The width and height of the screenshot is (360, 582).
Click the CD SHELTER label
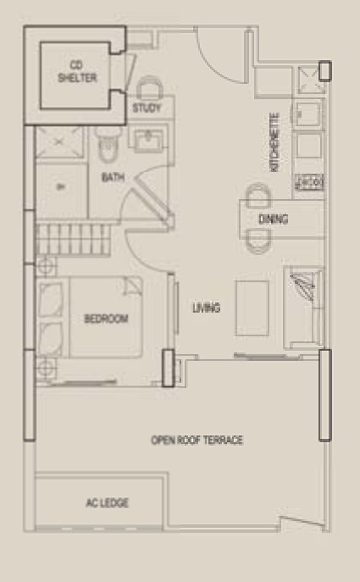point(77,72)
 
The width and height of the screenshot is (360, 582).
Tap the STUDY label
point(147,108)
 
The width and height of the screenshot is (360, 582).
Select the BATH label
point(113,177)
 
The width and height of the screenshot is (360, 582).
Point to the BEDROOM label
point(106,319)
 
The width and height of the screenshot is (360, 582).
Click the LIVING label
point(207,308)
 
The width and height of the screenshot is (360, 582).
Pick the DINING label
point(273,219)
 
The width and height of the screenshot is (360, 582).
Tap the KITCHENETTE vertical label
point(274,142)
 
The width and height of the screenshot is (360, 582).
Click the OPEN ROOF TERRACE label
point(197,441)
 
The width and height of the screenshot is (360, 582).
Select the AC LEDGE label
point(108,503)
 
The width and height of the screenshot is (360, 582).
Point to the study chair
point(150,87)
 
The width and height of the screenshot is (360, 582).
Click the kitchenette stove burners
point(309,182)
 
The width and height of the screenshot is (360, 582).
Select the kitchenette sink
point(307,114)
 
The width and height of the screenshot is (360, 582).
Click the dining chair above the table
point(258,195)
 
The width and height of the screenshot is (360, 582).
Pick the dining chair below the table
point(258,242)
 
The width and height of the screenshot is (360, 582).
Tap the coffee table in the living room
point(252,308)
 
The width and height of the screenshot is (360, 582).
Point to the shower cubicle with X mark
point(59,142)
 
